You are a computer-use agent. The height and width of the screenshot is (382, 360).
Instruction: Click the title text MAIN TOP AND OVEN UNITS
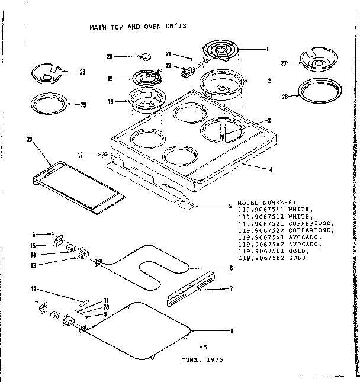137,27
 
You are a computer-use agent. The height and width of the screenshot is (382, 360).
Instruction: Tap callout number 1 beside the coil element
268,49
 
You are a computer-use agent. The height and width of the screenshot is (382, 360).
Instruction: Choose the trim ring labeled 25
49,105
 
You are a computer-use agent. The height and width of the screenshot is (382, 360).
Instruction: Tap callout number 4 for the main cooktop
271,170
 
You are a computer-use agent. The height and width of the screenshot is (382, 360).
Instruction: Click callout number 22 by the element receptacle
169,65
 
